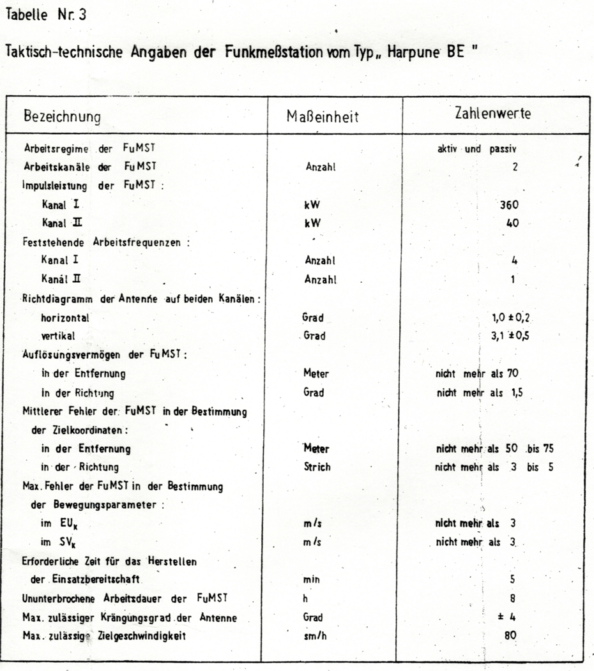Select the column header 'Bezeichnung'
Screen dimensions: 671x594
(62, 117)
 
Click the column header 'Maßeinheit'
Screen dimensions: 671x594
(323, 117)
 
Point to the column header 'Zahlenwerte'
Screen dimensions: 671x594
(492, 114)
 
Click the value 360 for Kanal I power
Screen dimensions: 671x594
(509, 206)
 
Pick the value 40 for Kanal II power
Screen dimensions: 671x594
(512, 223)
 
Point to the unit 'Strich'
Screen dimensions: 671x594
(317, 467)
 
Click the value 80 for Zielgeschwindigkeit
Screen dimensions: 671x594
(510, 636)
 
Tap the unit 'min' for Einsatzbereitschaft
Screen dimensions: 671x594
(312, 580)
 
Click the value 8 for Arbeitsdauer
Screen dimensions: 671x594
(513, 599)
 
